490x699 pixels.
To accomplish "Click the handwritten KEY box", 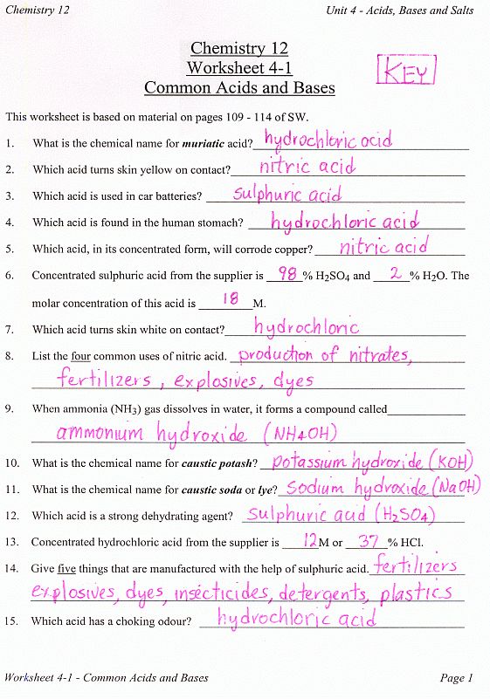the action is coord(404,71).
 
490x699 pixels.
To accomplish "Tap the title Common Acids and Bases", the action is coord(239,87).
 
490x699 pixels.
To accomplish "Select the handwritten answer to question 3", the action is coord(287,194).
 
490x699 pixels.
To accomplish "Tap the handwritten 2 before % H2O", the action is coord(395,274).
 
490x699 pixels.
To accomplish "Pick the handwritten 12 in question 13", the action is coord(310,541).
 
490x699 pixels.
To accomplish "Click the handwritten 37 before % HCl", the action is coord(368,541).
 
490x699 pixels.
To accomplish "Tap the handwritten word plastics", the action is coord(417,593).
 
